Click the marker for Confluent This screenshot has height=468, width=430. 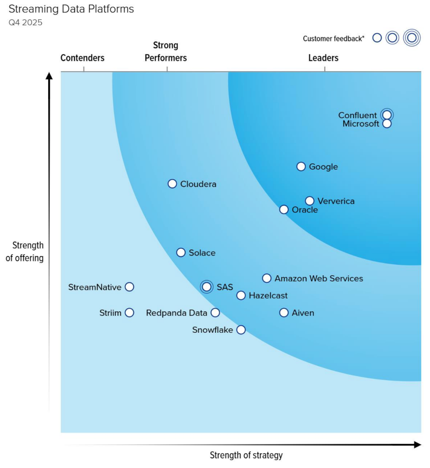pos(387,115)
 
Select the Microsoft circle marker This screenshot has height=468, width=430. pos(387,124)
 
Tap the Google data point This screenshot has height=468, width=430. pos(301,166)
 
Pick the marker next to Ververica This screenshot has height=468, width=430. pos(310,201)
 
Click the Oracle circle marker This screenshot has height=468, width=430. pos(284,209)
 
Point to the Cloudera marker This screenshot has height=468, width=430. pos(172,184)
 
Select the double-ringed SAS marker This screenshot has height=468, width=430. pos(207,287)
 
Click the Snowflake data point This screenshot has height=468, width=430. pos(241,330)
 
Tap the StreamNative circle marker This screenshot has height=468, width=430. pos(129,287)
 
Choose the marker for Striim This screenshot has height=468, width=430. pos(129,313)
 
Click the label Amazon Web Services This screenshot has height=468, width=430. pos(319,278)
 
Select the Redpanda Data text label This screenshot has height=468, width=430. pos(176,313)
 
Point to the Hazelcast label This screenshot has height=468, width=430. pos(268,295)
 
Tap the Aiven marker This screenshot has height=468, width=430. pos(284,313)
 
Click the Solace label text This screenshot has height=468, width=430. pos(202,253)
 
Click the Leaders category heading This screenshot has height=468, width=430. pos(323,58)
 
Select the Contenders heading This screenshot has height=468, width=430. pos(82,58)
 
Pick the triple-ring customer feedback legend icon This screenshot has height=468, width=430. pos(412,38)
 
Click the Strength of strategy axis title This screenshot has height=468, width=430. pos(246,455)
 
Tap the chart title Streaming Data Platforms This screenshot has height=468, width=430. pos(72,9)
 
